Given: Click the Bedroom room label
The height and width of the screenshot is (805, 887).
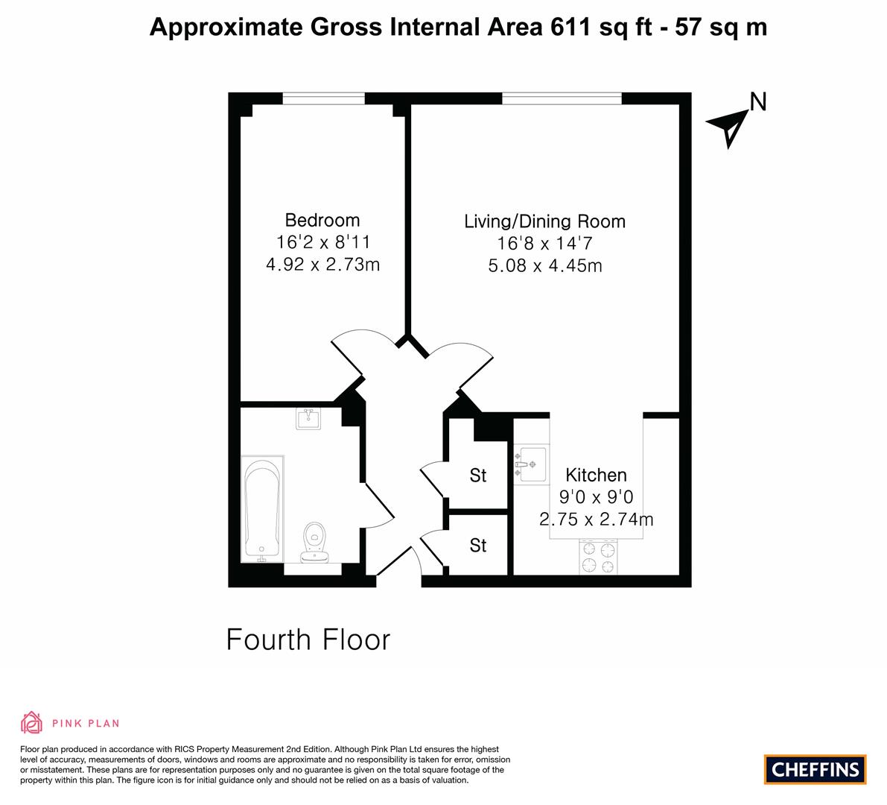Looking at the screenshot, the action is point(322,220).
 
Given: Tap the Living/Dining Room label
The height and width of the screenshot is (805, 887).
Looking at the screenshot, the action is point(544,221).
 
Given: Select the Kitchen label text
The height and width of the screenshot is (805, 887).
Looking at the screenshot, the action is point(597,475).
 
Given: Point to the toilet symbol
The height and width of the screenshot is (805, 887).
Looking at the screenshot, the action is point(315,542).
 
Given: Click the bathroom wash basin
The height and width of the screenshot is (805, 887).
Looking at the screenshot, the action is point(308,419).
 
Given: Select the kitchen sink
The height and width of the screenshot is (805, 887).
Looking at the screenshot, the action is point(531,464).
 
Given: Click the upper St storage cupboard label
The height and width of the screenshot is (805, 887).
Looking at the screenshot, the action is point(478,476).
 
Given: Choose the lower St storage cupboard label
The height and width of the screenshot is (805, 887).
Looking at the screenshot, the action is point(478,545).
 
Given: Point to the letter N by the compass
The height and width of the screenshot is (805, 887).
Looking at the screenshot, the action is point(758,102).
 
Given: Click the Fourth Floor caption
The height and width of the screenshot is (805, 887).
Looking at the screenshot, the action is point(308,640).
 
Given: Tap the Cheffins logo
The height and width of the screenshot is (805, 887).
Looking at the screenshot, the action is point(816,769).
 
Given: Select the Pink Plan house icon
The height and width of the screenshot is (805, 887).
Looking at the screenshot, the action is point(32,722).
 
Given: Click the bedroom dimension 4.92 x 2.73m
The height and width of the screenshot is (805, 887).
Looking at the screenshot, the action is point(322,265).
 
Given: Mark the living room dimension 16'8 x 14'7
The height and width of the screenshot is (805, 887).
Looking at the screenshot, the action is point(544,244).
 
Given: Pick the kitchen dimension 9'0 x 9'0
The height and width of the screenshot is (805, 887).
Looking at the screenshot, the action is point(597,497).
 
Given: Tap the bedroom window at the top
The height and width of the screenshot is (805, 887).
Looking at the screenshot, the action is point(323,98).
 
